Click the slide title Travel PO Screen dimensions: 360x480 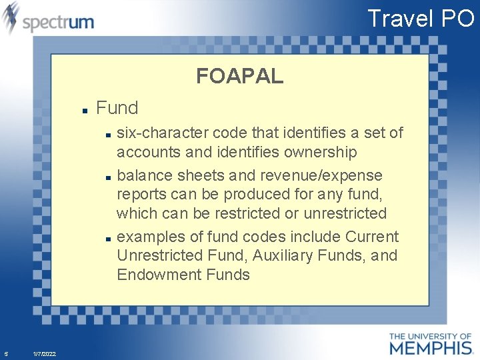click(420, 18)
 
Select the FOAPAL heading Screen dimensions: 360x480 click(239, 76)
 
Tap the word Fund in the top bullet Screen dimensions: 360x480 click(117, 107)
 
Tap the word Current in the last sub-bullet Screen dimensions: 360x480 click(372, 237)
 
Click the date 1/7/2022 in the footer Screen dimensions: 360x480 click(44, 354)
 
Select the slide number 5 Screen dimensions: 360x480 click(5, 353)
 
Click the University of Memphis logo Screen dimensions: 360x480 click(430, 343)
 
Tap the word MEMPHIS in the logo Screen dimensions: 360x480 click(430, 347)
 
